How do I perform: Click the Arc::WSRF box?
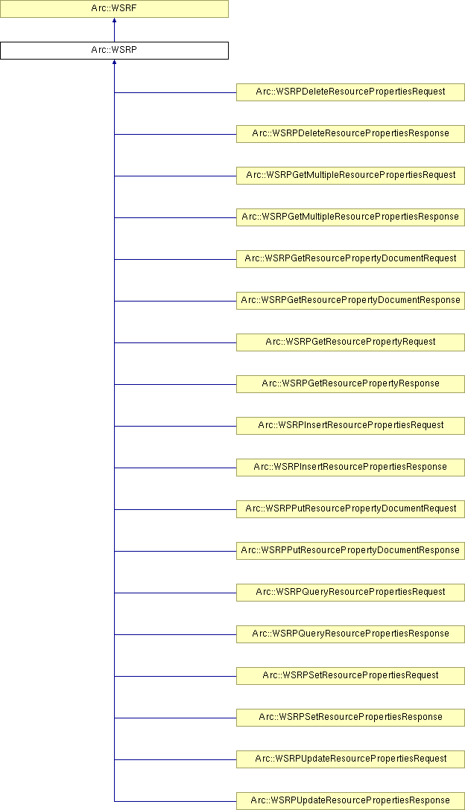coord(114,9)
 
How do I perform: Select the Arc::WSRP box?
coord(114,51)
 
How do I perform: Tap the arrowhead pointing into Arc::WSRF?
coord(114,20)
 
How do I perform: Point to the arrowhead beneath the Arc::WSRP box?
coord(114,62)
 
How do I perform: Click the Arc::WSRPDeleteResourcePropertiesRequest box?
coord(350,92)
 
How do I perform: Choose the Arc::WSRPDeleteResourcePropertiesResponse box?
coord(350,134)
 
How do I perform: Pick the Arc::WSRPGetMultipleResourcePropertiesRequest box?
coord(350,176)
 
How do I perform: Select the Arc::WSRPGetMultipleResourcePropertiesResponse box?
coord(350,217)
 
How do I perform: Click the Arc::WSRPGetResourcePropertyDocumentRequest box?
coord(350,259)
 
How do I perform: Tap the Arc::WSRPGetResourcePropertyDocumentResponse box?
coord(350,301)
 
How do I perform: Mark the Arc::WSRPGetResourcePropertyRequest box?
coord(350,342)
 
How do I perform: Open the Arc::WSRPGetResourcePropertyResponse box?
coord(350,384)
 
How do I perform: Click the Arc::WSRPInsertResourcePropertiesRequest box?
coord(350,426)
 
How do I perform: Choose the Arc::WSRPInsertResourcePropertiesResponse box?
coord(350,467)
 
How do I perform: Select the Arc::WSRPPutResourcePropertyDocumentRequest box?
coord(350,508)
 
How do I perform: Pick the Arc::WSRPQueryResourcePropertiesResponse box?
coord(350,634)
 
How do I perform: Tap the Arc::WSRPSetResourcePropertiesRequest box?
coord(350,676)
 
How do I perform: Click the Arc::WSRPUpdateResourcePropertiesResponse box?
coord(350,801)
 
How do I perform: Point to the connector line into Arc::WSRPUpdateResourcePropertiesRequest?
coord(175,759)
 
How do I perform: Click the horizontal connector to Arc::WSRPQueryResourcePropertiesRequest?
coord(175,593)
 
